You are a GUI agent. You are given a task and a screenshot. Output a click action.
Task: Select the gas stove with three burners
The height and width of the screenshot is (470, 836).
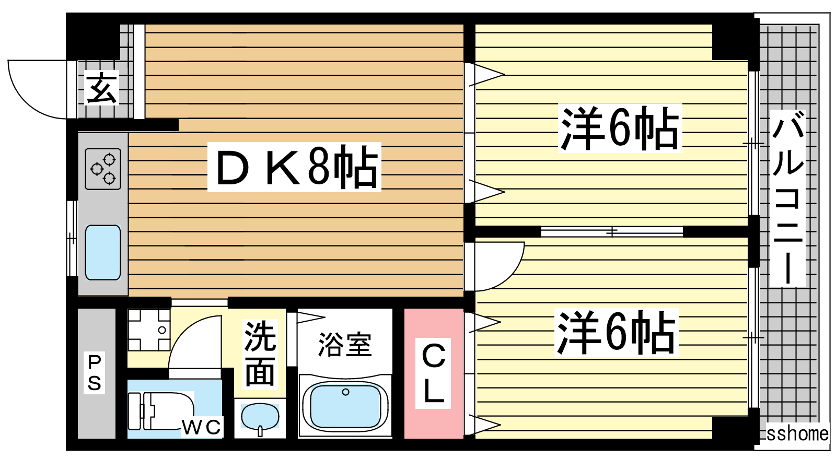pyautogui.click(x=103, y=169)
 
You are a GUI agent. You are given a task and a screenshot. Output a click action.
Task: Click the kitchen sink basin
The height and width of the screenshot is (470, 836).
pyautogui.click(x=103, y=252)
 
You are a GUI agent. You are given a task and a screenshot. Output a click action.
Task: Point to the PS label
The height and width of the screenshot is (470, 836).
pyautogui.click(x=94, y=373)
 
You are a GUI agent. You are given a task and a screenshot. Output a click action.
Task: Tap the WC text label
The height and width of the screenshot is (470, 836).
pyautogui.click(x=202, y=427)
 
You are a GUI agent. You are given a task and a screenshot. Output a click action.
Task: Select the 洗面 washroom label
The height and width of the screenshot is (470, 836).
pyautogui.click(x=260, y=355)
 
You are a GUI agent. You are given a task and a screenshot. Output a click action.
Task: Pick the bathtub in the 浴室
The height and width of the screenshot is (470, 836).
pyautogui.click(x=345, y=406)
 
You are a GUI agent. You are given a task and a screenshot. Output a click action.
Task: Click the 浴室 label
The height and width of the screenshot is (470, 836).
pyautogui.click(x=345, y=345)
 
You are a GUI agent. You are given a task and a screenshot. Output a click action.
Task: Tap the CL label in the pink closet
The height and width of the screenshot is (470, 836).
pyautogui.click(x=433, y=373)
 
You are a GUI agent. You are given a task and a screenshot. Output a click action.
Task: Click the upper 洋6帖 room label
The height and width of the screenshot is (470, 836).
pyautogui.click(x=620, y=128)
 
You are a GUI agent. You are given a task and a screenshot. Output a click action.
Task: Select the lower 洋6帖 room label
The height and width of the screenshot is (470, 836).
pyautogui.click(x=617, y=333)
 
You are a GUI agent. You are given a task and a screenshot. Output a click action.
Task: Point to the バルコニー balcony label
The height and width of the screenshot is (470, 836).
pyautogui.click(x=787, y=198)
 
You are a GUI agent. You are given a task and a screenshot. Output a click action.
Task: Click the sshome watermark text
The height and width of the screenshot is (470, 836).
pyautogui.click(x=797, y=433)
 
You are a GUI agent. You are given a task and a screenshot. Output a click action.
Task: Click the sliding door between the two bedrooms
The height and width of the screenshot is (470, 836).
pyautogui.click(x=611, y=231)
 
